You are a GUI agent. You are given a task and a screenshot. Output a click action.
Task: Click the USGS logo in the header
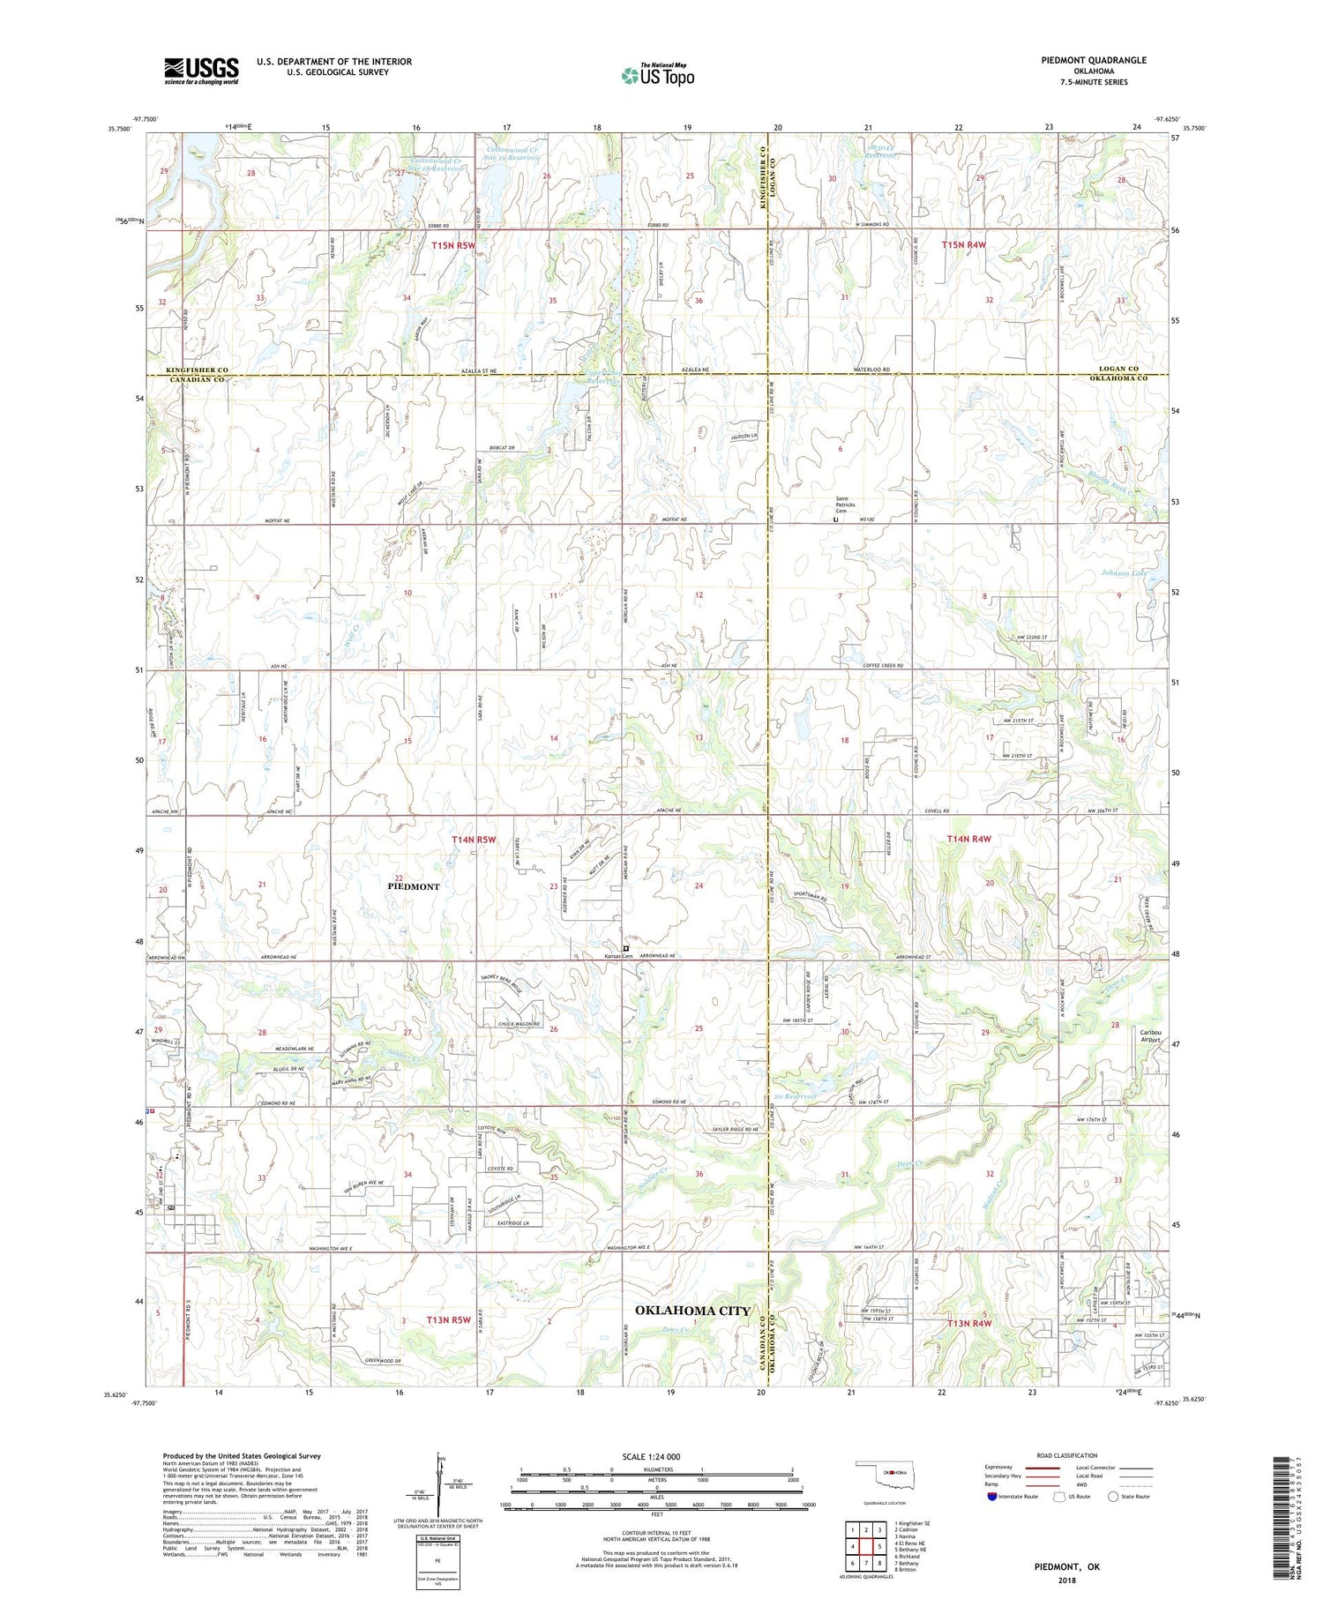pos(201,71)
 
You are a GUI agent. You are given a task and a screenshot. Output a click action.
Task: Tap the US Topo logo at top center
pos(657,75)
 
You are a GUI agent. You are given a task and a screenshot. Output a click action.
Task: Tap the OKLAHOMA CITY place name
pos(692,1311)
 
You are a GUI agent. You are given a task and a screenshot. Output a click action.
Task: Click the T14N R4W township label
pos(969,839)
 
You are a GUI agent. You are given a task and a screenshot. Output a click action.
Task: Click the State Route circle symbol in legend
pos(1113,1497)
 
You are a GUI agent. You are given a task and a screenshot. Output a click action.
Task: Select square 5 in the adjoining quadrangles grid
pos(878,1546)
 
